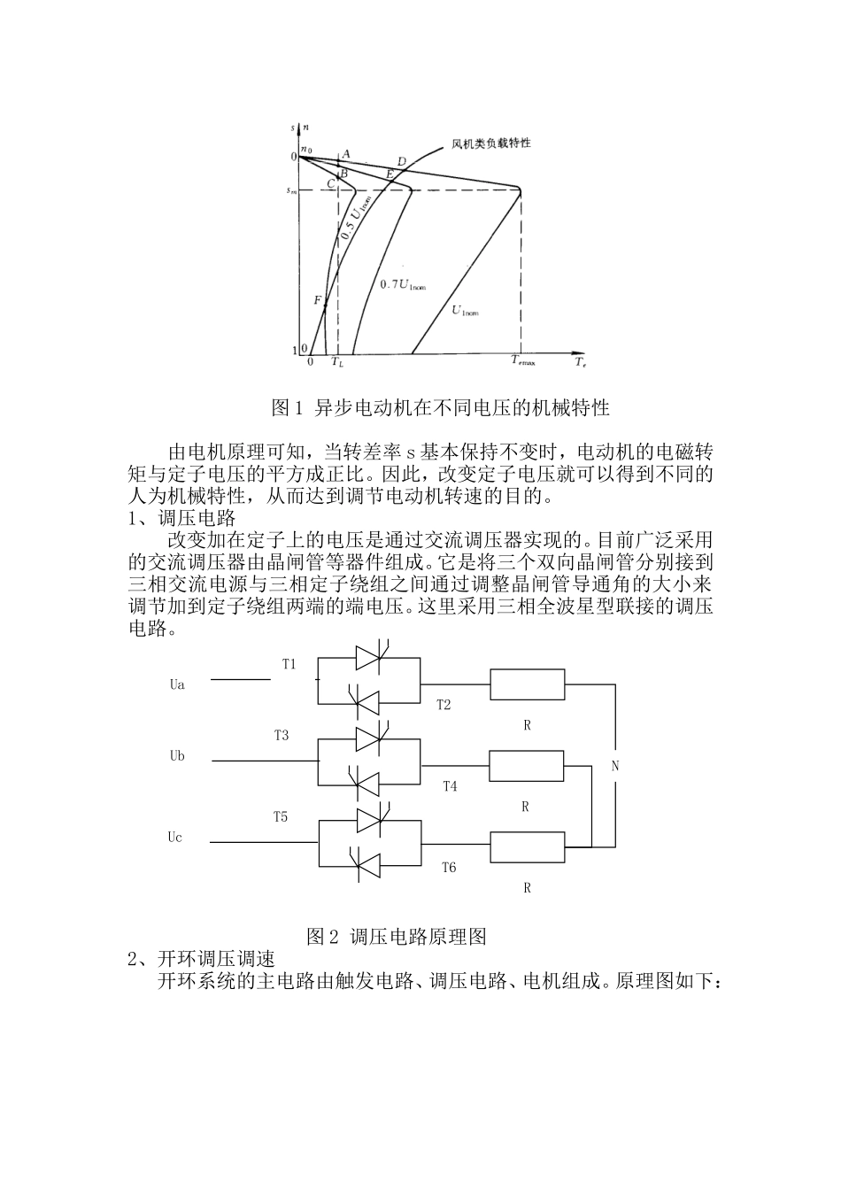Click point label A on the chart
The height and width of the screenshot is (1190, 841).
point(345,153)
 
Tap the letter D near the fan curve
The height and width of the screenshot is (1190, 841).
point(401,161)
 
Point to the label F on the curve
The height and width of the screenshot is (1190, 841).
point(317,300)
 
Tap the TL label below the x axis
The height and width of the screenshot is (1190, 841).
point(337,361)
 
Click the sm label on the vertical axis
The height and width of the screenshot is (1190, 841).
point(290,189)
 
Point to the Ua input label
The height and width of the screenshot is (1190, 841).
point(177,685)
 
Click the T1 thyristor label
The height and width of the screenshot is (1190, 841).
point(289,663)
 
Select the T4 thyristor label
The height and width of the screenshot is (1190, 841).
point(450,785)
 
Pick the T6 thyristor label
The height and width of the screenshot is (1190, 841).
point(449,867)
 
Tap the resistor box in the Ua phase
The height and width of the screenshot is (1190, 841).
point(527,684)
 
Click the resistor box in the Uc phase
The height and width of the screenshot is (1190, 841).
point(527,847)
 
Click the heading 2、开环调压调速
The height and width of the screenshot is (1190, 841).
point(202,959)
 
